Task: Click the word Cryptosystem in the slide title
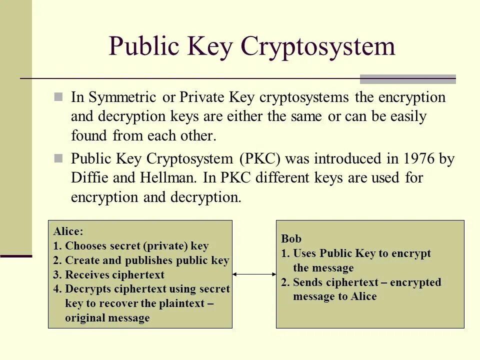click(x=318, y=47)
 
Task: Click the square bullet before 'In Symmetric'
click(x=58, y=97)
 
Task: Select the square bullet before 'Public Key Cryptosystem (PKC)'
click(x=58, y=159)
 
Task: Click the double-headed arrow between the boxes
click(x=254, y=274)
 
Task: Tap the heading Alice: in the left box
click(x=68, y=231)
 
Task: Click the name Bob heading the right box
click(x=291, y=239)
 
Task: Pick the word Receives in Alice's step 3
click(x=87, y=275)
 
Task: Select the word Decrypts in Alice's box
click(x=88, y=289)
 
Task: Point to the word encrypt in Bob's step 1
click(x=412, y=253)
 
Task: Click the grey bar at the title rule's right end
click(x=408, y=79)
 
